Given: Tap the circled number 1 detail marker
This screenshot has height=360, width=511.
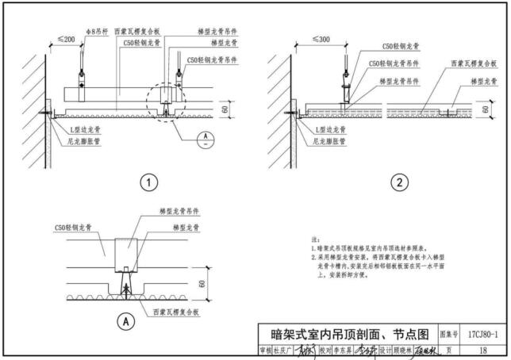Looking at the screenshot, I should (147, 183).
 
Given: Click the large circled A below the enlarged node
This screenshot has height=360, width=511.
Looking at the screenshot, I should (124, 321).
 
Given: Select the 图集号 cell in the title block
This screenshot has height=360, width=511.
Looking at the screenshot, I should (449, 334).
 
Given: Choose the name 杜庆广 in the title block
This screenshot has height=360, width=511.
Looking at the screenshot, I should (282, 350).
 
